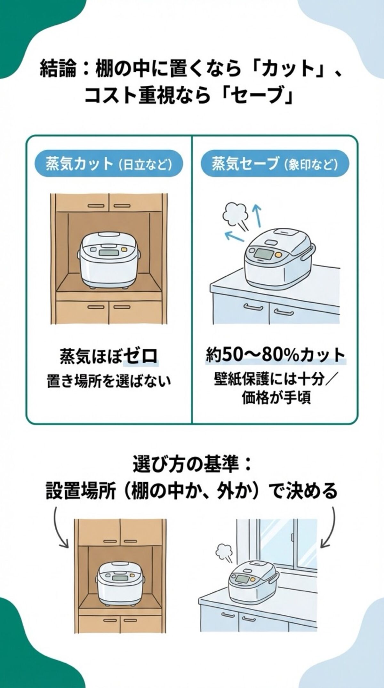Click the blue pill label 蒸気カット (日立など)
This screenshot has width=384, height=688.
click(109, 165)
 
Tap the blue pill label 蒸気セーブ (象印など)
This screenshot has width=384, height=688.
click(275, 165)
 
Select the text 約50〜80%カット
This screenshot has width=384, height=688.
click(275, 355)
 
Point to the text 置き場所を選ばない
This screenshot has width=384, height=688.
click(109, 382)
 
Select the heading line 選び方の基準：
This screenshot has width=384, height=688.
click(192, 465)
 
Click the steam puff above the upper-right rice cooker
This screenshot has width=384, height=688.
click(233, 211)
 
